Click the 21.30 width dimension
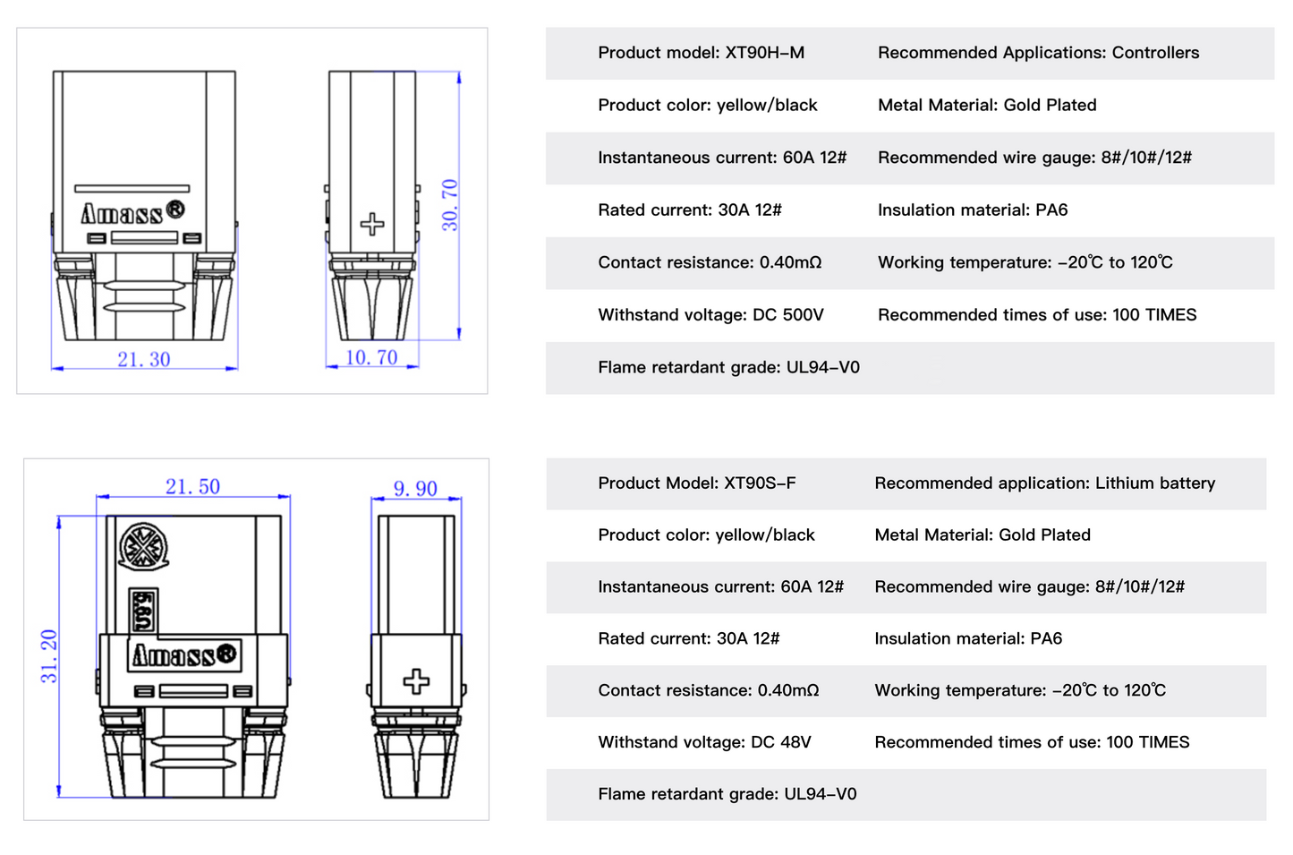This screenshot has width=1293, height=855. pyautogui.click(x=143, y=359)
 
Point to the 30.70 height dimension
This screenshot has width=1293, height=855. pyautogui.click(x=449, y=205)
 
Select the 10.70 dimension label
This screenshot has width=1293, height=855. pyautogui.click(x=371, y=357)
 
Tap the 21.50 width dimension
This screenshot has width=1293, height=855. pyautogui.click(x=192, y=486)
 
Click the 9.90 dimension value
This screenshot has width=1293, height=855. pyautogui.click(x=415, y=489)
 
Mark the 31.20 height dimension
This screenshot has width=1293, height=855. pyautogui.click(x=48, y=656)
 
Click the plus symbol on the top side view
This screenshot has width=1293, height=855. pyautogui.click(x=372, y=224)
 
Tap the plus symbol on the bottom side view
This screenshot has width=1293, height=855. pyautogui.click(x=416, y=681)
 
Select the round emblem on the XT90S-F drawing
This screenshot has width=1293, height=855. pyautogui.click(x=143, y=546)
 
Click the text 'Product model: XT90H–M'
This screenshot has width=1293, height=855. pyautogui.click(x=701, y=53)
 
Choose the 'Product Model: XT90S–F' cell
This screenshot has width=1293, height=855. pyautogui.click(x=696, y=483)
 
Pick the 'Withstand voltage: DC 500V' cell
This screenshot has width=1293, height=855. pyautogui.click(x=710, y=315)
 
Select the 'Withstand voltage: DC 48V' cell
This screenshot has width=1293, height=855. pyautogui.click(x=704, y=742)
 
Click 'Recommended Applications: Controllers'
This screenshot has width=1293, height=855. pyautogui.click(x=1038, y=53)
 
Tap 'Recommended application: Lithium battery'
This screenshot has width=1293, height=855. pyautogui.click(x=1044, y=483)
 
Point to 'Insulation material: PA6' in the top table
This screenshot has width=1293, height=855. pyautogui.click(x=973, y=210)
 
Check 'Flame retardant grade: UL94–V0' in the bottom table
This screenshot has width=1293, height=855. pyautogui.click(x=727, y=794)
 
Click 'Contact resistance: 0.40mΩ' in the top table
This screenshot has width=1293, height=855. pyautogui.click(x=710, y=262)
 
